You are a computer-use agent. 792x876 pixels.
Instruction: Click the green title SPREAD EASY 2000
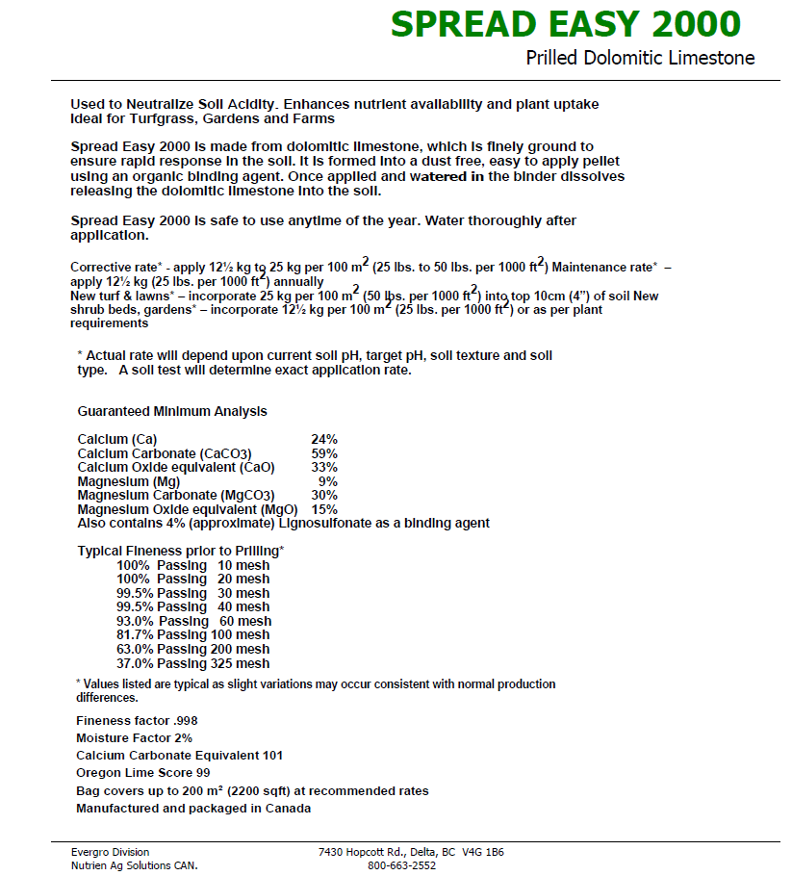(566, 24)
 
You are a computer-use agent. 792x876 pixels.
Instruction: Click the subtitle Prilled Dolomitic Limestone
(640, 58)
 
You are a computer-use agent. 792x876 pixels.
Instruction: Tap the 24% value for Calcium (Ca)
(324, 439)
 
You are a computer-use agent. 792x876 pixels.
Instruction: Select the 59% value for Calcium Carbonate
(324, 453)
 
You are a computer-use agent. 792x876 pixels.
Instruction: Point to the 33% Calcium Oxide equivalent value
(324, 467)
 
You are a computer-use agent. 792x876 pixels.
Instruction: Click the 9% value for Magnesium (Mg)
(328, 481)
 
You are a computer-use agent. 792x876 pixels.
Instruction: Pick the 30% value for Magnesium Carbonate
(324, 495)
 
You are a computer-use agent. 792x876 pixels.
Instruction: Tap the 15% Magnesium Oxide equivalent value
(324, 509)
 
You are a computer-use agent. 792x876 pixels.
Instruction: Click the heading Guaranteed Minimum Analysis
(172, 411)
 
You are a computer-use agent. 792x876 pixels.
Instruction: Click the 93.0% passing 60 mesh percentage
(136, 622)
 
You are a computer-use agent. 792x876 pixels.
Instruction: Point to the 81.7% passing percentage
(136, 635)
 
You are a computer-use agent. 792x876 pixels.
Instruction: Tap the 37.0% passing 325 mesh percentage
(136, 663)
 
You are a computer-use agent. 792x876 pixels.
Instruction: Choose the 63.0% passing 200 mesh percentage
(136, 650)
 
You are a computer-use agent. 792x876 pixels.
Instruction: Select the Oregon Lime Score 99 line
(142, 773)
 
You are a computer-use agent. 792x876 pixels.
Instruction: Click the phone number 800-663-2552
(401, 865)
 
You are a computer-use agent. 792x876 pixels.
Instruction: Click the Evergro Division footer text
(110, 852)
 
